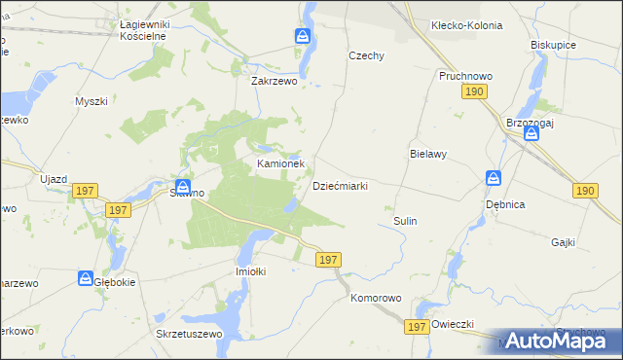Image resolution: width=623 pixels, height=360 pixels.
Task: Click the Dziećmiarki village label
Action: point(339,186)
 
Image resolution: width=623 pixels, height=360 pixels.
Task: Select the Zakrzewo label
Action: point(275,83)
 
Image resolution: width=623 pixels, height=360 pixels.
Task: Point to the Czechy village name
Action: point(367,56)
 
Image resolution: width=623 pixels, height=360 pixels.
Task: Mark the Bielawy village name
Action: point(427,155)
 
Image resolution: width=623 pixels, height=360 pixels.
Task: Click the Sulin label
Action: point(405,222)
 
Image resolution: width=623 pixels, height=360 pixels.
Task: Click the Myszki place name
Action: point(91,101)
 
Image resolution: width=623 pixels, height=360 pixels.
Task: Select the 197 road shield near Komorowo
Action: point(328,260)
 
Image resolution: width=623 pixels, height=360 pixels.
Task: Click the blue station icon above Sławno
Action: point(182,186)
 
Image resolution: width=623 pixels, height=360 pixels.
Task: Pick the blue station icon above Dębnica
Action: point(495,179)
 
